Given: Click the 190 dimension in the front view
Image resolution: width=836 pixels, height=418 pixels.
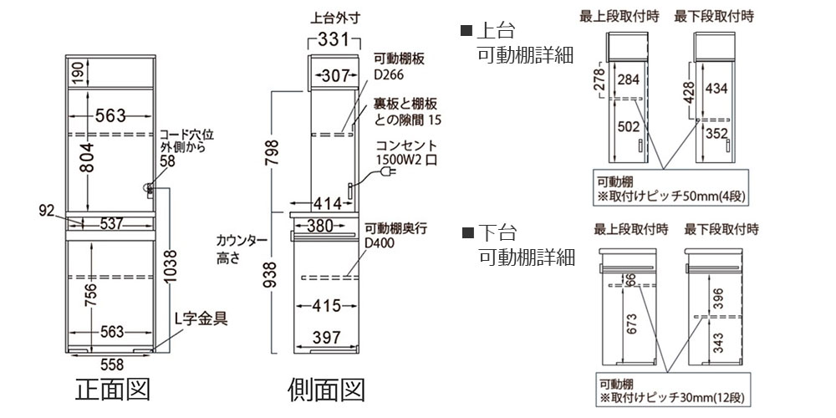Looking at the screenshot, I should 76,73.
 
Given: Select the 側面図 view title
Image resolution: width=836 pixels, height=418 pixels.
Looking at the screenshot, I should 325,390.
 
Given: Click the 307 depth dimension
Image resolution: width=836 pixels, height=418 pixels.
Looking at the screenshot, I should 334,76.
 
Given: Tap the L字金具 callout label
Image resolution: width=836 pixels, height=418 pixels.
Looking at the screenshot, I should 201,318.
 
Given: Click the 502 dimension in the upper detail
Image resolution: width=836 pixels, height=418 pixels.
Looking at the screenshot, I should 630,127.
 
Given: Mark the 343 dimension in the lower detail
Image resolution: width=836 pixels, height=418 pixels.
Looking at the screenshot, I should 718,342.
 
